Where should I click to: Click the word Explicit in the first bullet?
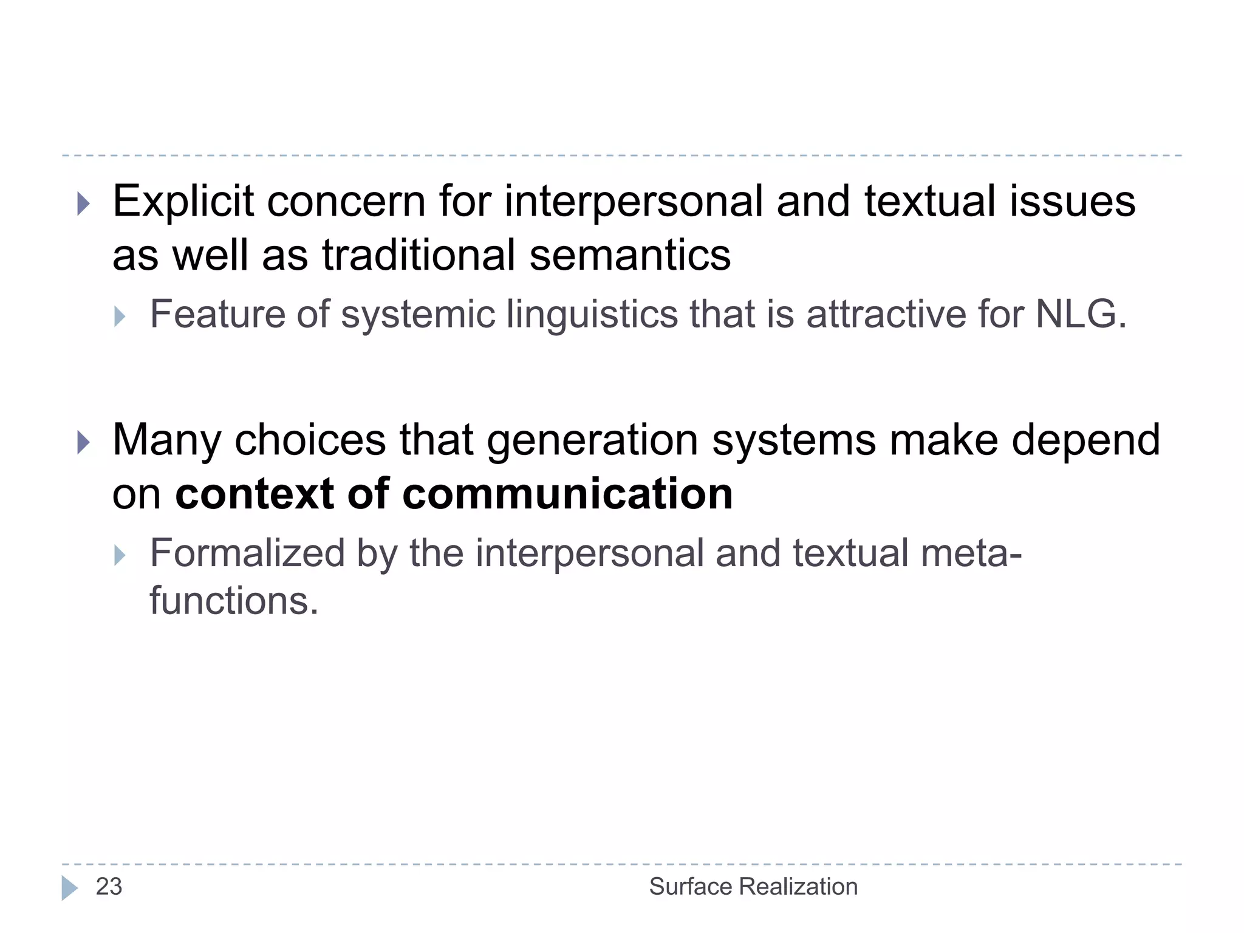pyautogui.click(x=183, y=202)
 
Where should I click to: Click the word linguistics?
pyautogui.click(x=592, y=315)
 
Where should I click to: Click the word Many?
pyautogui.click(x=166, y=441)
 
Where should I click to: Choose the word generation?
pyautogui.click(x=592, y=441)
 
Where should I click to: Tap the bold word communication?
pyautogui.click(x=567, y=493)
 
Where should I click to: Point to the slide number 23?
pyautogui.click(x=109, y=887)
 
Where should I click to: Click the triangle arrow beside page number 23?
pyautogui.click(x=69, y=887)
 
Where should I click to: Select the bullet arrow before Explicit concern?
pyautogui.click(x=84, y=204)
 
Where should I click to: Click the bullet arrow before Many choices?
pyautogui.click(x=84, y=443)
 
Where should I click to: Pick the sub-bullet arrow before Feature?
pyautogui.click(x=120, y=316)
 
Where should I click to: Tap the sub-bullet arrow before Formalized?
pyautogui.click(x=120, y=555)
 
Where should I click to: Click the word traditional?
pyautogui.click(x=419, y=255)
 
